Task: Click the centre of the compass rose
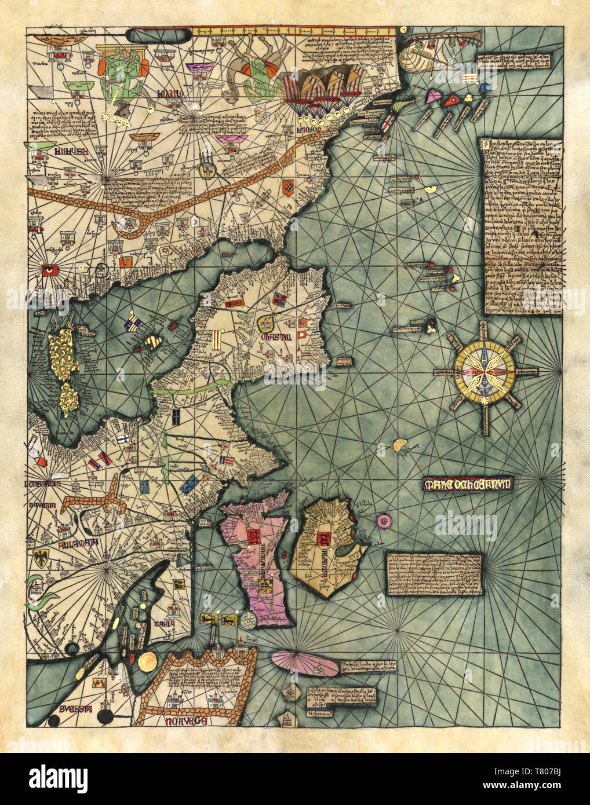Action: [485, 369]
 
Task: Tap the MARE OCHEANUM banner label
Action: [468, 484]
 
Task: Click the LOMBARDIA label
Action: [43, 484]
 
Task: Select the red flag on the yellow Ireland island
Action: [319, 537]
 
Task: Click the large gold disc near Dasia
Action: [148, 661]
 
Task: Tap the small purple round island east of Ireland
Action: [384, 521]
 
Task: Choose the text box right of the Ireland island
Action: [434, 575]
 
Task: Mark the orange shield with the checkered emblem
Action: [288, 187]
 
